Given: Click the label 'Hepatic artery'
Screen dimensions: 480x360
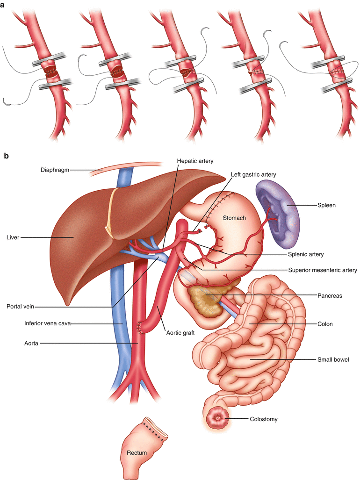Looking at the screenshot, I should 195,161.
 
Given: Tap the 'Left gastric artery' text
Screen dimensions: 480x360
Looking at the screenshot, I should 254,174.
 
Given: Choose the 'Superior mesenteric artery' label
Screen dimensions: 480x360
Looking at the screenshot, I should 322,270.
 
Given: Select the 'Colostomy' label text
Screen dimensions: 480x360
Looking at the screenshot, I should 264,419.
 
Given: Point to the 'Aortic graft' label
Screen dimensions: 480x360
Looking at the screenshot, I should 180,332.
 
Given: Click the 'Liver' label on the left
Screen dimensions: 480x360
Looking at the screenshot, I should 13,237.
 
